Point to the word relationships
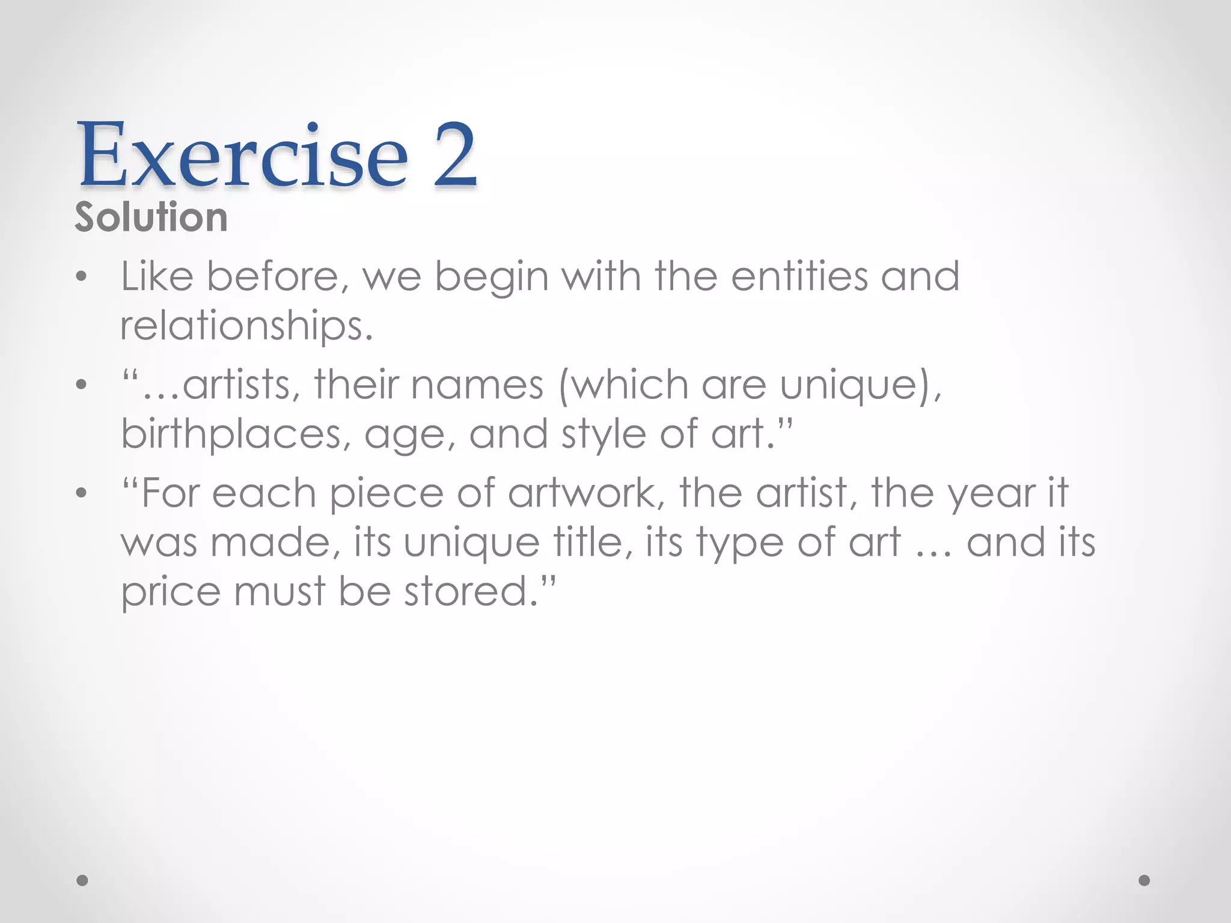tap(246, 326)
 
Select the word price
tap(171, 592)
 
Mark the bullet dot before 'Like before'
tap(82, 277)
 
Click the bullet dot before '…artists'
tap(82, 385)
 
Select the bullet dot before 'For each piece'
tap(82, 494)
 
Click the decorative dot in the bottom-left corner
tap(82, 880)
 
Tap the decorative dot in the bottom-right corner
tap(1144, 880)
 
